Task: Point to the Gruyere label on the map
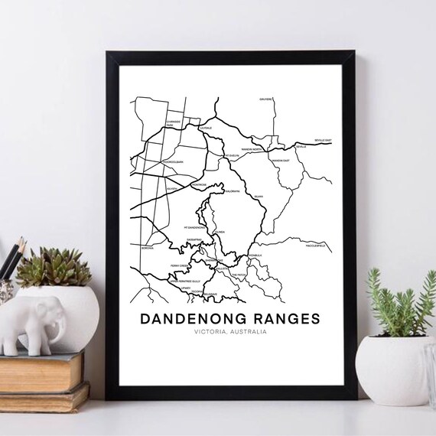pos(265,99)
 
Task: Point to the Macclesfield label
pos(314,246)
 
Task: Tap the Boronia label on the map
pos(146,248)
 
